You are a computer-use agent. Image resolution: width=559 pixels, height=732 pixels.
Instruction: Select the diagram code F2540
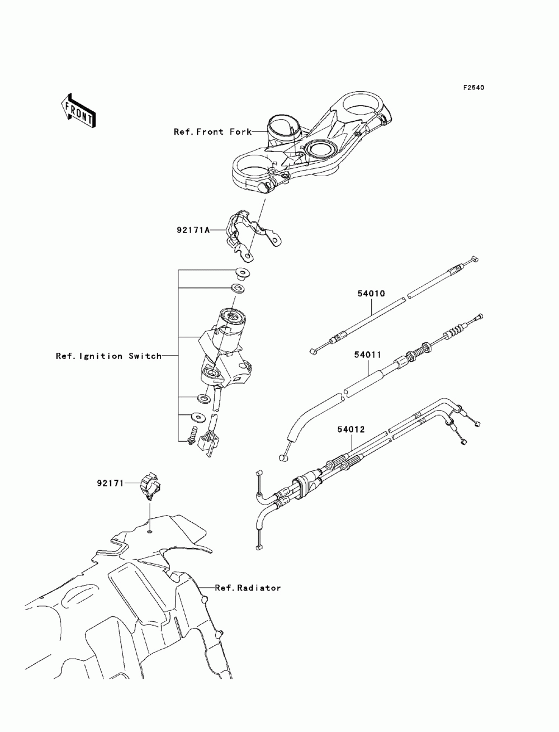tap(473, 88)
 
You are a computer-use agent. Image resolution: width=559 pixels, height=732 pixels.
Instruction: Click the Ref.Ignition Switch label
tap(108, 356)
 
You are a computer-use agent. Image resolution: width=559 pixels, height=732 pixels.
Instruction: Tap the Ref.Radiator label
tap(248, 588)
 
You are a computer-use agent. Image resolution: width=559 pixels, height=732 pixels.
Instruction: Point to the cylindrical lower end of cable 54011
tap(283, 459)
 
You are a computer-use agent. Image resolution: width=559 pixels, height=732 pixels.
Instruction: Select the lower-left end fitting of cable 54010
tap(314, 351)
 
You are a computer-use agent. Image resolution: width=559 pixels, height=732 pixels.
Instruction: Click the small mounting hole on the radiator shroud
tap(149, 531)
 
